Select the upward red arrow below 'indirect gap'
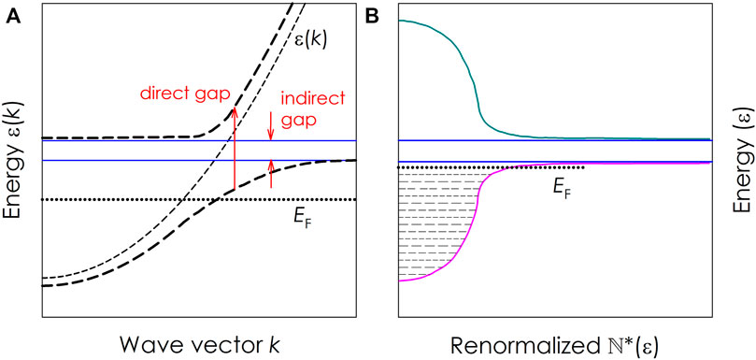272,174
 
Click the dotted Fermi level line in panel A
140,199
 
